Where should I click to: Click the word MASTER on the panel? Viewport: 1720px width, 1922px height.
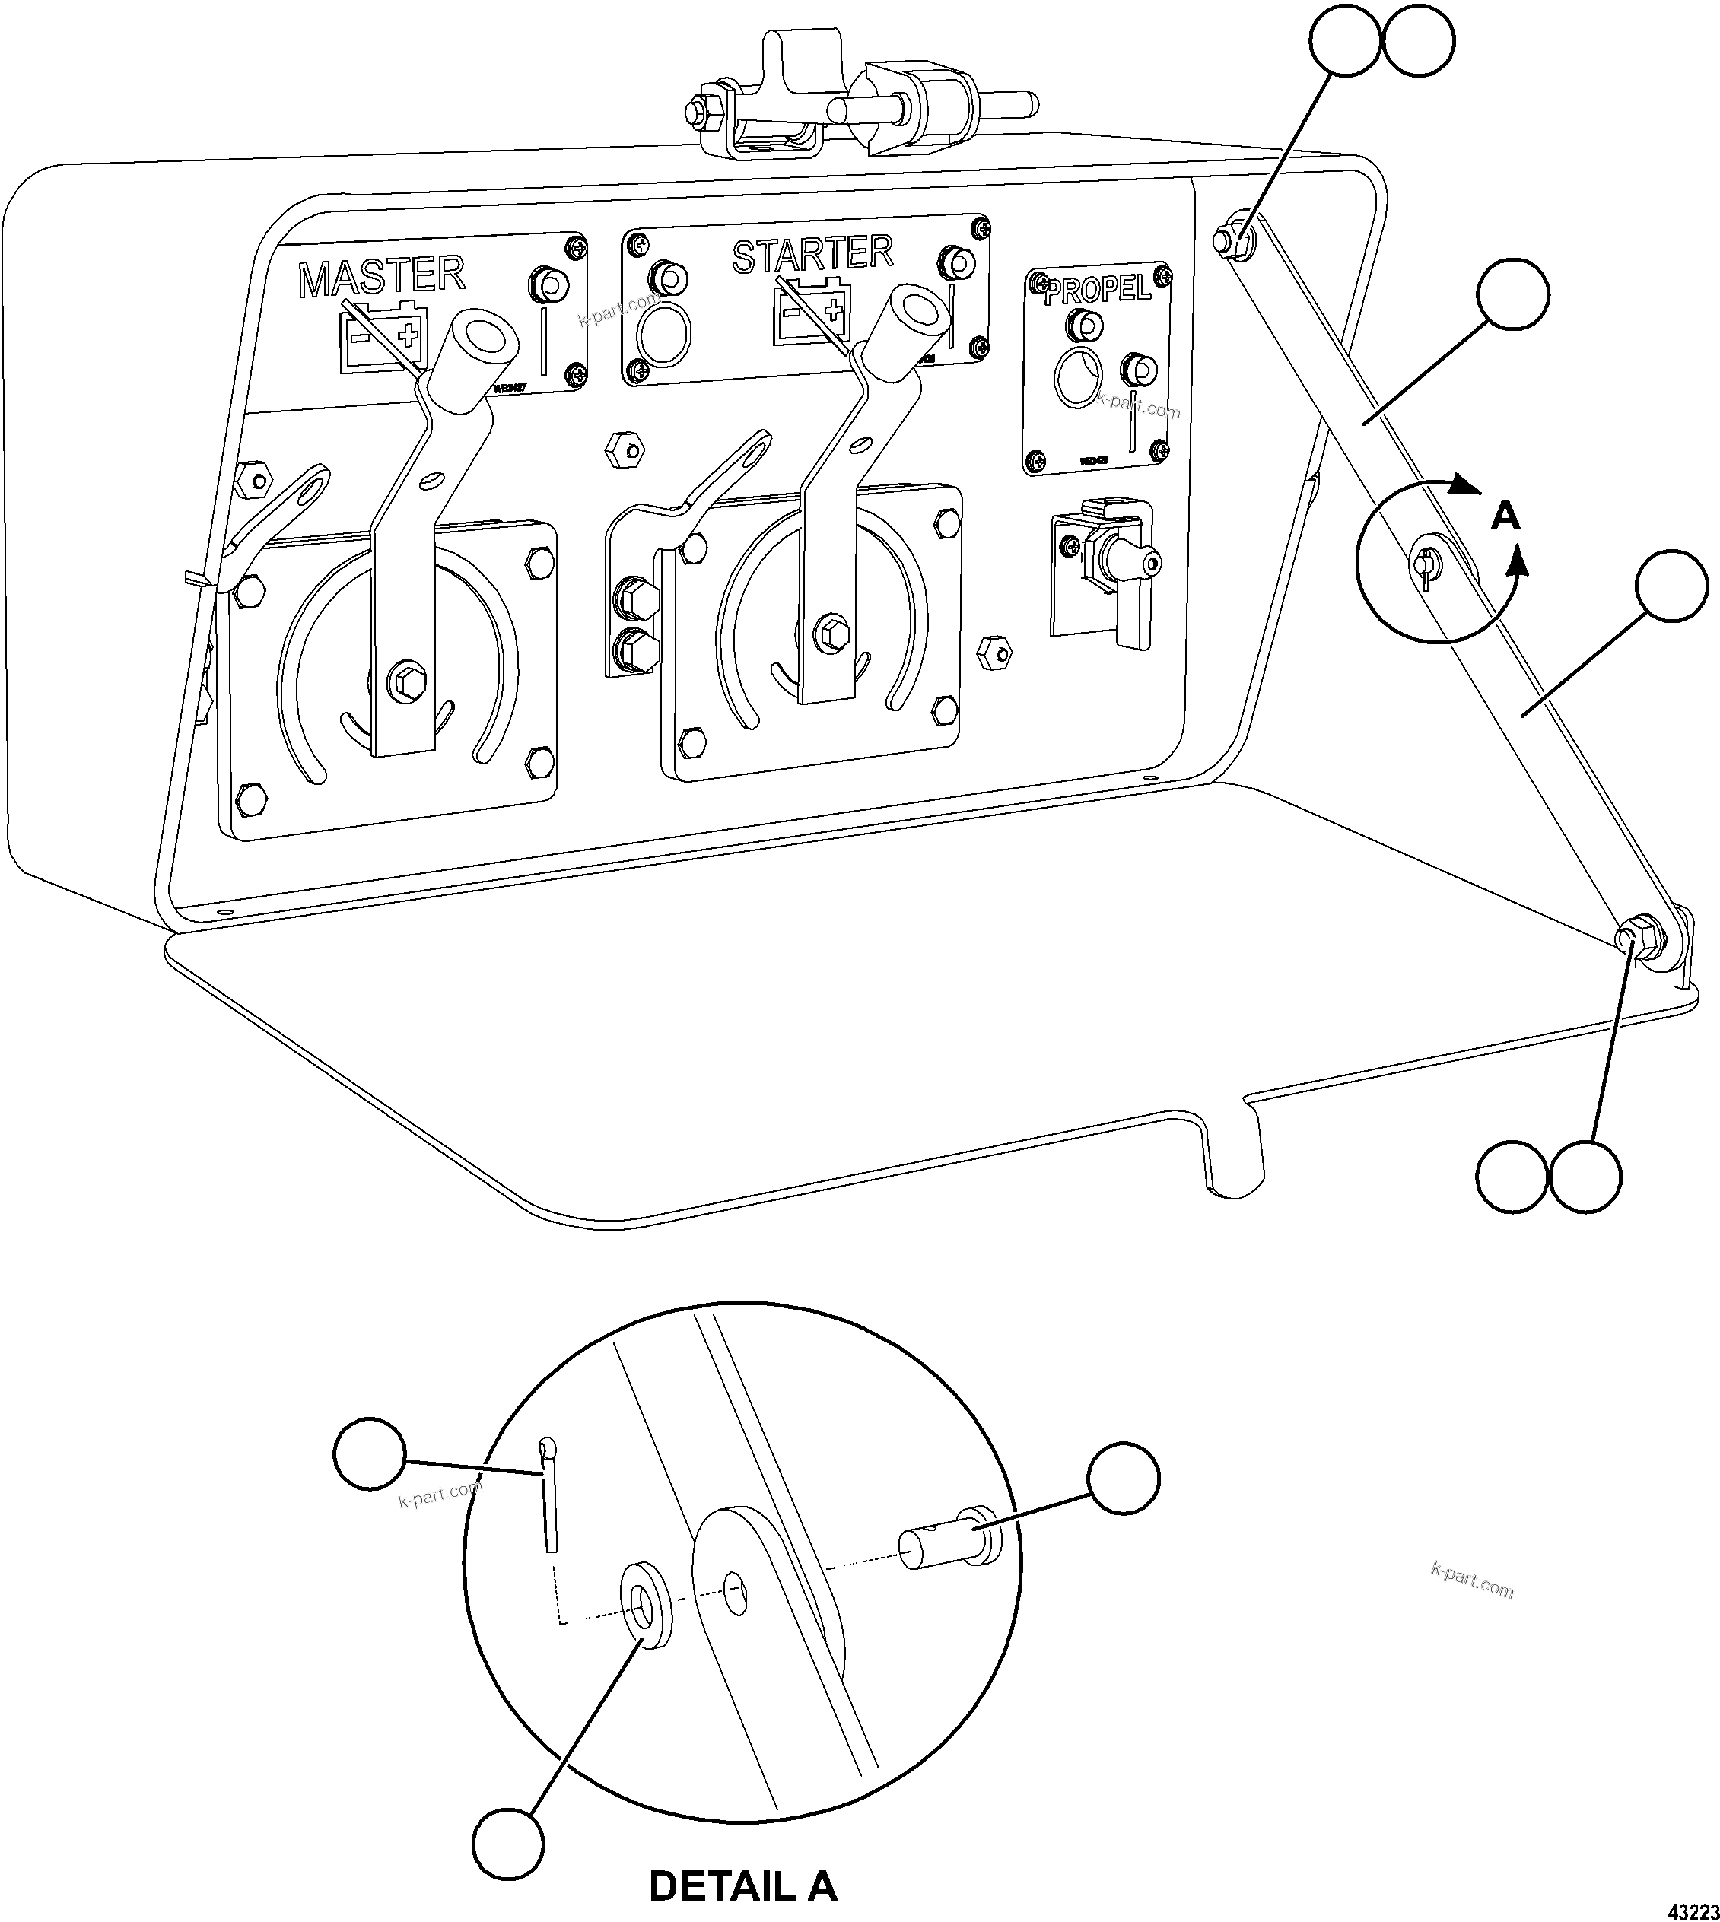point(382,275)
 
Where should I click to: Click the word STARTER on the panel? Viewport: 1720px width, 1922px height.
point(812,254)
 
